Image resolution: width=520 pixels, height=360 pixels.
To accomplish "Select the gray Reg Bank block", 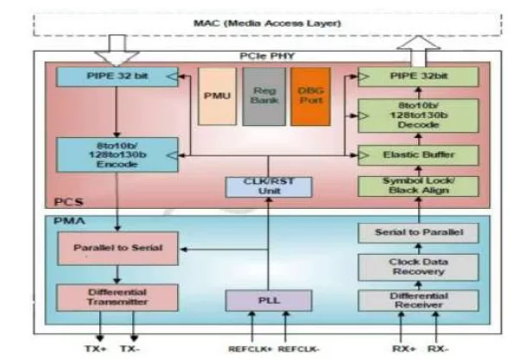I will coord(263,96).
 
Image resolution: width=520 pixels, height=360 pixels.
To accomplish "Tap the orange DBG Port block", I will coord(309,96).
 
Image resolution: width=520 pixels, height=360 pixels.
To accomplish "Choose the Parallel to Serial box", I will coord(105,248).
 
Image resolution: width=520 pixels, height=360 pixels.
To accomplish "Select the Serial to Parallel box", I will coord(418,233).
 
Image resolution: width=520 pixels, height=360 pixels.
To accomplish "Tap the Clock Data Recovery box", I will coord(418,266).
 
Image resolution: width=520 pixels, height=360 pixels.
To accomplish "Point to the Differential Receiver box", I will coord(418,300).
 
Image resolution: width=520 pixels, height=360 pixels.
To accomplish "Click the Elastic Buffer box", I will coord(418,155).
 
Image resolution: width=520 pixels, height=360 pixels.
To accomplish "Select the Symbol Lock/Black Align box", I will coord(418,187).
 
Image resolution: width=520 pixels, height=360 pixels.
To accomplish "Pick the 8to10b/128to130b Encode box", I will coord(105,155).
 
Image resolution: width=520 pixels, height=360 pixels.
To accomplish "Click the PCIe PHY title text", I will coord(263,57).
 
